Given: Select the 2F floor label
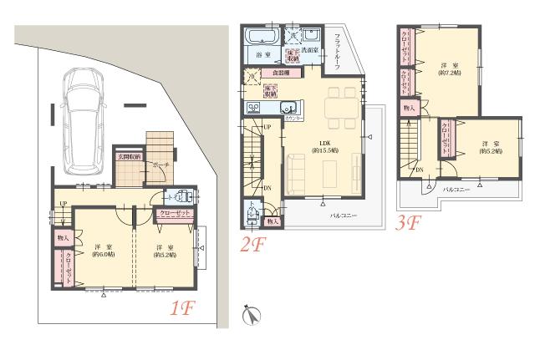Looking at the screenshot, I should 253,244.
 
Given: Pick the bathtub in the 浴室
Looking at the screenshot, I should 261,38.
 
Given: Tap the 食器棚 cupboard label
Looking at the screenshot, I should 273,74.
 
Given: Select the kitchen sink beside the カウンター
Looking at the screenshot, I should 289,108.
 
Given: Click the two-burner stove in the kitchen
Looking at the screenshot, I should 255,108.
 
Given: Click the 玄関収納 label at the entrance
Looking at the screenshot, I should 129,157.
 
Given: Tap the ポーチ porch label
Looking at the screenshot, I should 161,165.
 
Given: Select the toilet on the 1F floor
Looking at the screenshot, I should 182,198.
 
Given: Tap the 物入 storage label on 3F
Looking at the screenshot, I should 408,108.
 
